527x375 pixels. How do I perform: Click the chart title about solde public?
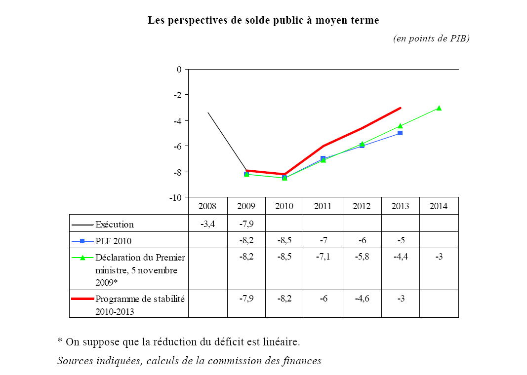263,21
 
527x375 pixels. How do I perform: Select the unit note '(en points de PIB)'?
431,38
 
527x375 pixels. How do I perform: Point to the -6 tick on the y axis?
177,146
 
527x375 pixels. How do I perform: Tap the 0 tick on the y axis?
179,69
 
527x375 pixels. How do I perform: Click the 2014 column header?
438,206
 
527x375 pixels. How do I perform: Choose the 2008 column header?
207,206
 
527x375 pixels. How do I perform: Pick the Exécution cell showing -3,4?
207,224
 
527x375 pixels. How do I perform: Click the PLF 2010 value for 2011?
323,241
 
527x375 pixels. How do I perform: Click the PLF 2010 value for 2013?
400,241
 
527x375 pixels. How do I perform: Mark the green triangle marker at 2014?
439,108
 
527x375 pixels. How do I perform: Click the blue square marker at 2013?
400,133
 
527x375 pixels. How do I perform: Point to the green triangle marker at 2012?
362,144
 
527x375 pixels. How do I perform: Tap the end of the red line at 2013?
400,108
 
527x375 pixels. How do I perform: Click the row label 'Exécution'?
115,225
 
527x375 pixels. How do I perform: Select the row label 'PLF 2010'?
114,241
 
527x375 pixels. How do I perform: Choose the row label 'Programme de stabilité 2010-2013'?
140,305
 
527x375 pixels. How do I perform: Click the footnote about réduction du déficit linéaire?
178,341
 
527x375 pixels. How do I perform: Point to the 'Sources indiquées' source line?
189,361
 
